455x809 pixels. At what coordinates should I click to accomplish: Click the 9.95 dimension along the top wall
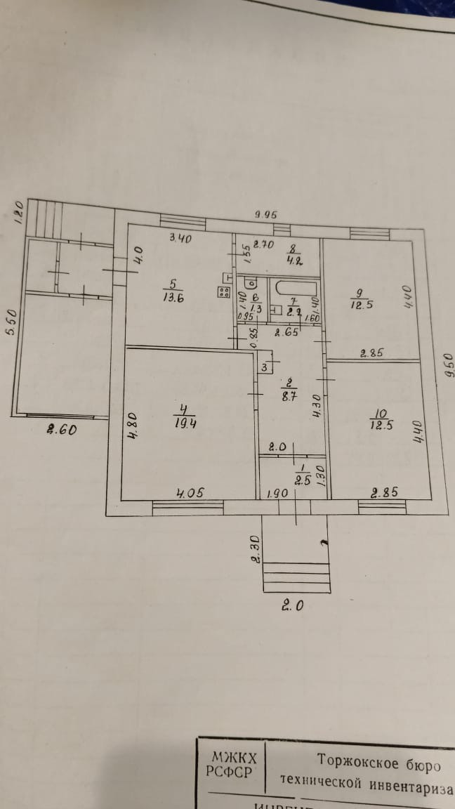[265, 215]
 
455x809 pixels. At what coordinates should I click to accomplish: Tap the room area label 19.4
[183, 422]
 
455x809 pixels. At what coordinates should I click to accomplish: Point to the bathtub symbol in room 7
[295, 289]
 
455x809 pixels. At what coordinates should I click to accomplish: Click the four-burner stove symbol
[225, 293]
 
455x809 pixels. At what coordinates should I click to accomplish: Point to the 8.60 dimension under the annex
[61, 430]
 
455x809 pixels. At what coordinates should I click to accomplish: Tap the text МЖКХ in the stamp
[234, 758]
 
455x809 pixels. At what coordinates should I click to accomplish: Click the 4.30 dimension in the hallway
[316, 406]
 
